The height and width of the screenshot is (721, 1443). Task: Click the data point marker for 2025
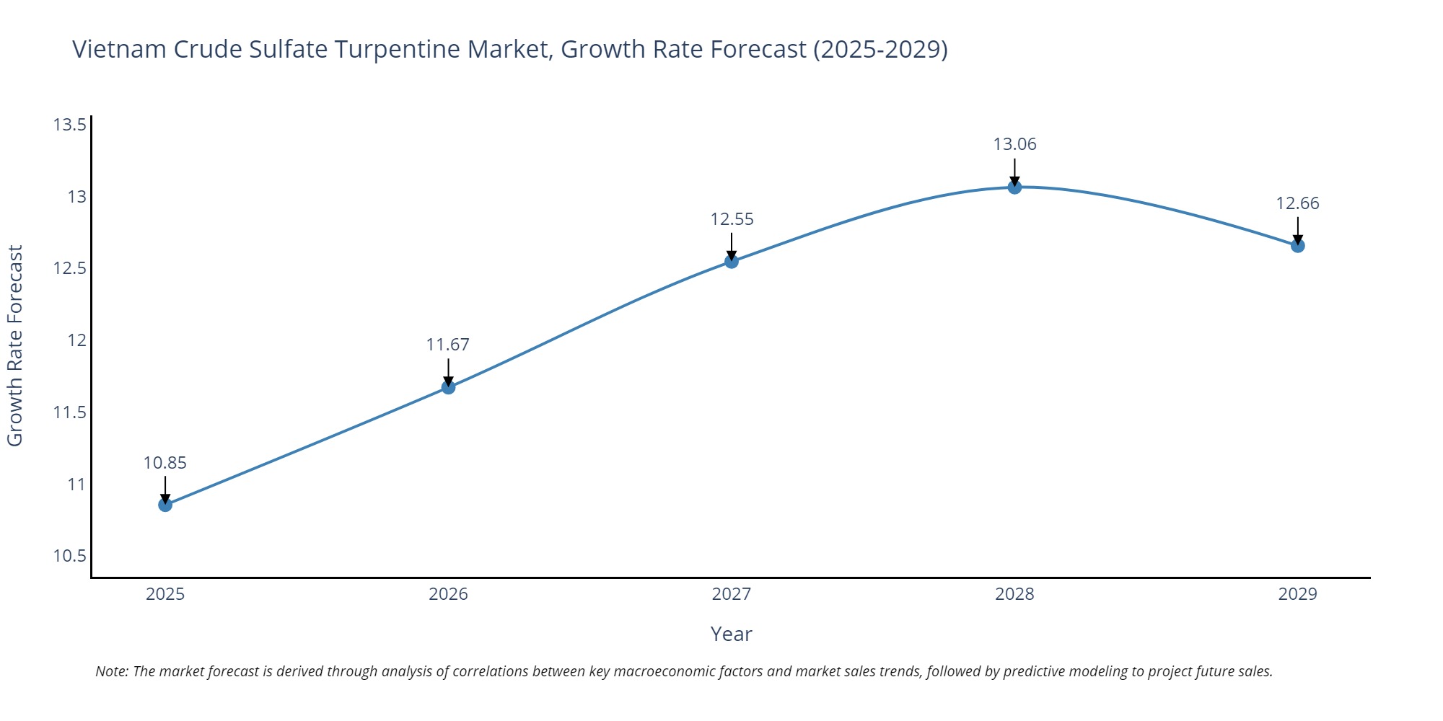coord(165,505)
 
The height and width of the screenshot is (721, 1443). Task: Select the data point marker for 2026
coord(448,387)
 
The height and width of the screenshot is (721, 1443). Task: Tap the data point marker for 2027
coord(732,261)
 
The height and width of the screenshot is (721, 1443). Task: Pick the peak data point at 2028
coord(1014,187)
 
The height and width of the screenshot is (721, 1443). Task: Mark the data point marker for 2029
coord(1297,246)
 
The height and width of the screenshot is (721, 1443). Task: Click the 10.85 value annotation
coord(165,463)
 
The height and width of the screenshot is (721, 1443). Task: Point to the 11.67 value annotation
coord(448,345)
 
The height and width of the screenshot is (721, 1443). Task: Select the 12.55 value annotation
coord(732,219)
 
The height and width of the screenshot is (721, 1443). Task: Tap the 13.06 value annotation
coord(1014,144)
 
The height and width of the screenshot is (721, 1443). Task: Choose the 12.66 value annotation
coord(1297,203)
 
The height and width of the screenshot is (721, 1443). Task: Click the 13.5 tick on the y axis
coord(69,125)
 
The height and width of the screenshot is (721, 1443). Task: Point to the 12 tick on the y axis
coord(76,340)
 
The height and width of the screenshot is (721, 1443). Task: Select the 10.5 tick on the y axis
coord(69,556)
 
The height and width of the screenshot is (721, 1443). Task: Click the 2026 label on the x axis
coord(448,594)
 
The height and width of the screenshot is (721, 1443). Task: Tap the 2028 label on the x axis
coord(1014,594)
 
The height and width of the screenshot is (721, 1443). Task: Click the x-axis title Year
coord(731,634)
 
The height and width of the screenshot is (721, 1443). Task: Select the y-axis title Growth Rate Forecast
coord(15,346)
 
